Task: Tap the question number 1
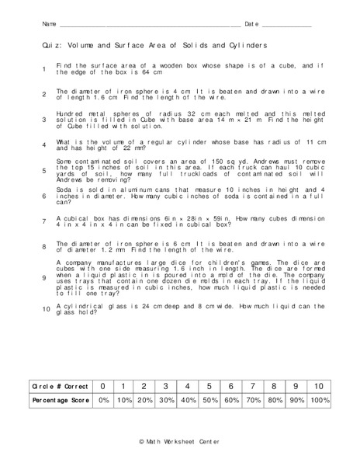click(x=44, y=70)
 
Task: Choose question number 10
click(x=46, y=309)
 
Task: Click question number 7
click(x=44, y=221)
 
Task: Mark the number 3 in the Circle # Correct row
click(x=164, y=386)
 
